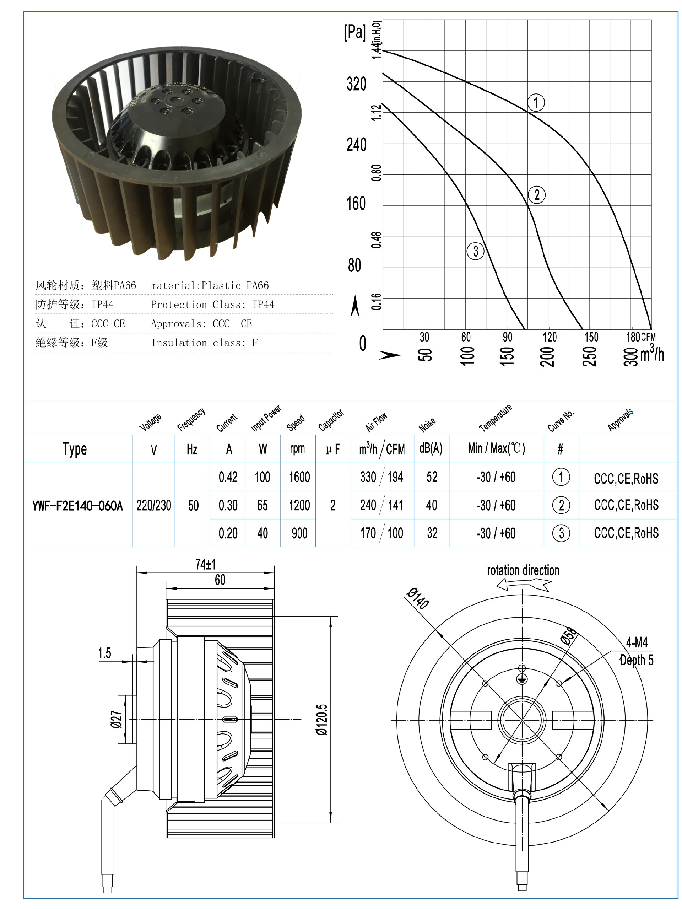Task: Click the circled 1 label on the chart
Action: click(535, 102)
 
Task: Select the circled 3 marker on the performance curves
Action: click(475, 251)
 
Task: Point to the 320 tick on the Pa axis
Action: click(356, 84)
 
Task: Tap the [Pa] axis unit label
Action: click(354, 32)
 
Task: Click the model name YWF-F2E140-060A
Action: click(77, 505)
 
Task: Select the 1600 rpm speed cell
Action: click(299, 477)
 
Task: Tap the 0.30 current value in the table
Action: click(228, 505)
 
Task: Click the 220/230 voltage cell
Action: click(154, 505)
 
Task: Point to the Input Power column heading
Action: click(265, 418)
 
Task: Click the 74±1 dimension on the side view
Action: click(205, 564)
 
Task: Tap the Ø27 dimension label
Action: click(116, 719)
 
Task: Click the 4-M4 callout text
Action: click(637, 642)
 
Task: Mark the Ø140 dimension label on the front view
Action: click(418, 598)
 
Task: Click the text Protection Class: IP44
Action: click(212, 305)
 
